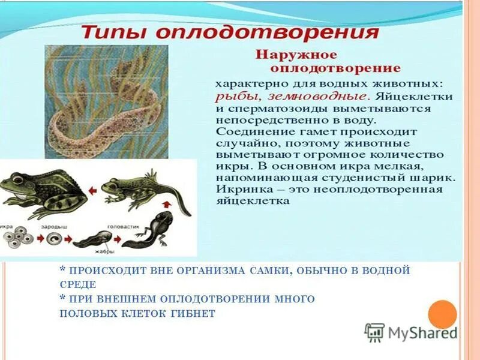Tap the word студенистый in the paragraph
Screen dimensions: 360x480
tap(357, 178)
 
